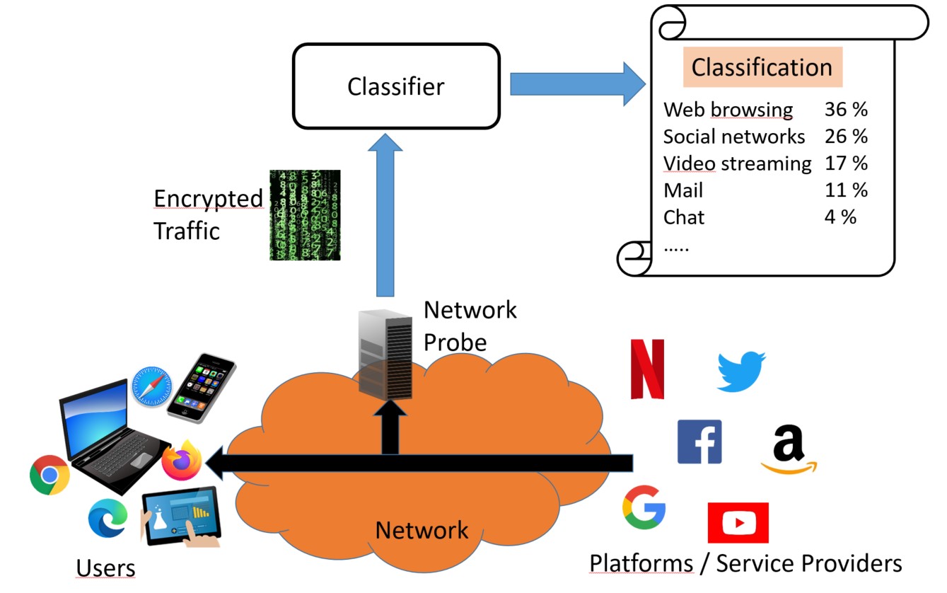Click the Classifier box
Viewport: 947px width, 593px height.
coord(396,86)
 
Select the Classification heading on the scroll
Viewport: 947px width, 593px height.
coord(762,67)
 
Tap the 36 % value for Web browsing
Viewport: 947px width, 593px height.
coord(845,110)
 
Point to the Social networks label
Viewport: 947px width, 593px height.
coord(733,136)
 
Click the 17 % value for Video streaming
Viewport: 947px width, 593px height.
coord(845,163)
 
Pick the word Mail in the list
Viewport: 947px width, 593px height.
coord(682,190)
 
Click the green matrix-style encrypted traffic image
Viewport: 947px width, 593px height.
coord(305,215)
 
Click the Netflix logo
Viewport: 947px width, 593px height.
coord(647,369)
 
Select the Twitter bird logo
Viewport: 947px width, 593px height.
coord(741,371)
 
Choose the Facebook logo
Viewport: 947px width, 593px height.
coord(699,442)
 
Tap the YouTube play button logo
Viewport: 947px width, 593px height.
coord(738,523)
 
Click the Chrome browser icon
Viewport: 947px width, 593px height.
coord(50,475)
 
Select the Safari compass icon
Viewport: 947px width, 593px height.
coord(151,386)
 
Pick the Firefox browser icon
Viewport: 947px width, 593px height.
coord(182,460)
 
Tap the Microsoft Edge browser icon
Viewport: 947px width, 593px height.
coord(108,518)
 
